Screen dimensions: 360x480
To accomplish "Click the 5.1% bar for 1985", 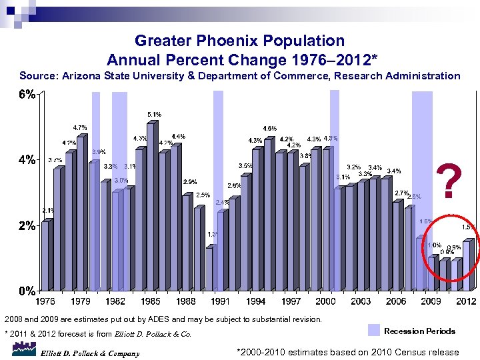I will tap(151, 207).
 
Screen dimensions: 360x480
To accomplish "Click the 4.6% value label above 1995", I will tap(270, 128).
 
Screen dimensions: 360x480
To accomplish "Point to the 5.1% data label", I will tap(154, 114).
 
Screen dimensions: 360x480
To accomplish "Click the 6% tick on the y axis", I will tap(27, 95).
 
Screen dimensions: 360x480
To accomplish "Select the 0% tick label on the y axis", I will tap(27, 291).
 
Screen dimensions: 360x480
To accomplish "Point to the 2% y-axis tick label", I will tap(27, 225).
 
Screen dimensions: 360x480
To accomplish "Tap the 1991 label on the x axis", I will tap(221, 301).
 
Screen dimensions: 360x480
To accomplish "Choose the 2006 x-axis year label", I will tap(396, 301).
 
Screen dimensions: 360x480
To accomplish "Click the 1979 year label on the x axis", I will tap(81, 301).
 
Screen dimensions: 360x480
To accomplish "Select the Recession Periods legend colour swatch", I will tap(374, 331).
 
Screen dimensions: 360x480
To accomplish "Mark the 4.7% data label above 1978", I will tap(79, 127).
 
